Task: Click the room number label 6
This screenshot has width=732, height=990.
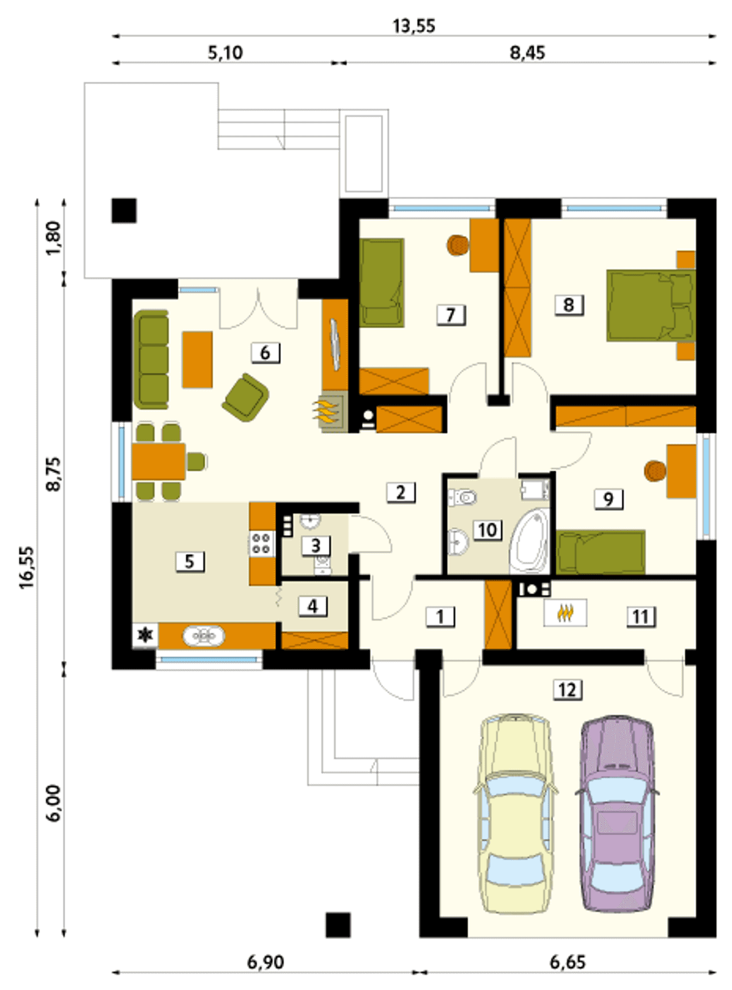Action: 265,353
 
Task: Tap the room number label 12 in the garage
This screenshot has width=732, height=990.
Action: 567,690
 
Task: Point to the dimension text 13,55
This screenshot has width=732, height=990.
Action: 414,26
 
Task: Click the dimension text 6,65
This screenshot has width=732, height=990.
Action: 567,962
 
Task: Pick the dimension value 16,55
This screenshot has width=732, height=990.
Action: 26,567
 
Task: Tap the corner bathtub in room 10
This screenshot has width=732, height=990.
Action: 530,541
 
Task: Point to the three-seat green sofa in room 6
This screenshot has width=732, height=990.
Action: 152,360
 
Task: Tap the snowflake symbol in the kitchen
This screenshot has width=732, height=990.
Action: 146,635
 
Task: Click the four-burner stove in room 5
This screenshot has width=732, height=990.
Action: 262,543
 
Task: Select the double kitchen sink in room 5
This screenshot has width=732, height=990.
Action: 204,636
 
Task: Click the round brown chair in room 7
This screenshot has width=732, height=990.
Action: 457,245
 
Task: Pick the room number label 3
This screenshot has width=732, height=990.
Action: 316,546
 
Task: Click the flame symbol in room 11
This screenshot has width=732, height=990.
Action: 565,613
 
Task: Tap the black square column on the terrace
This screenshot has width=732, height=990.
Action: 124,210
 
